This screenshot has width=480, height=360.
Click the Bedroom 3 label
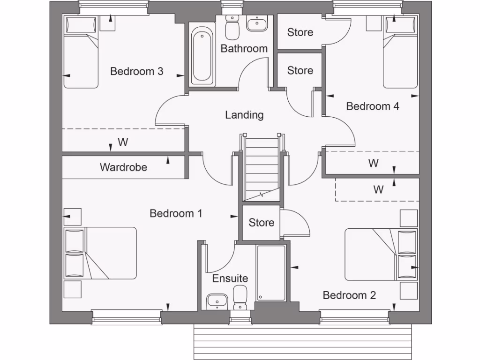pos(136,71)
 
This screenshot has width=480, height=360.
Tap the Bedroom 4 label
pos(372,106)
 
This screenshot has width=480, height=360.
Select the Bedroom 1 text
pos(176,213)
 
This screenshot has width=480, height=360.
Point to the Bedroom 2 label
pos(349,295)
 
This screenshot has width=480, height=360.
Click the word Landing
pos(244,115)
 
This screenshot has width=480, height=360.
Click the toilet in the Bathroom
pos(232,28)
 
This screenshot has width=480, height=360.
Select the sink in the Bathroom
pos(256,23)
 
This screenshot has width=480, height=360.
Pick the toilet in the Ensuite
pos(240,297)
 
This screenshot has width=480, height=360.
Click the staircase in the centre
pos(262,169)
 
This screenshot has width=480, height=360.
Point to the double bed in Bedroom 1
pos(100,253)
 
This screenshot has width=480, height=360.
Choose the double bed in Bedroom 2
pos(380,255)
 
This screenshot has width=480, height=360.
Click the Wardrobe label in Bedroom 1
pos(123,167)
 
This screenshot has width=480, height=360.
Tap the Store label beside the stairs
pos(261,223)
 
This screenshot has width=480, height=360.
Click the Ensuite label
pos(230,278)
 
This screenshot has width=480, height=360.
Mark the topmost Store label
pos(300,32)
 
